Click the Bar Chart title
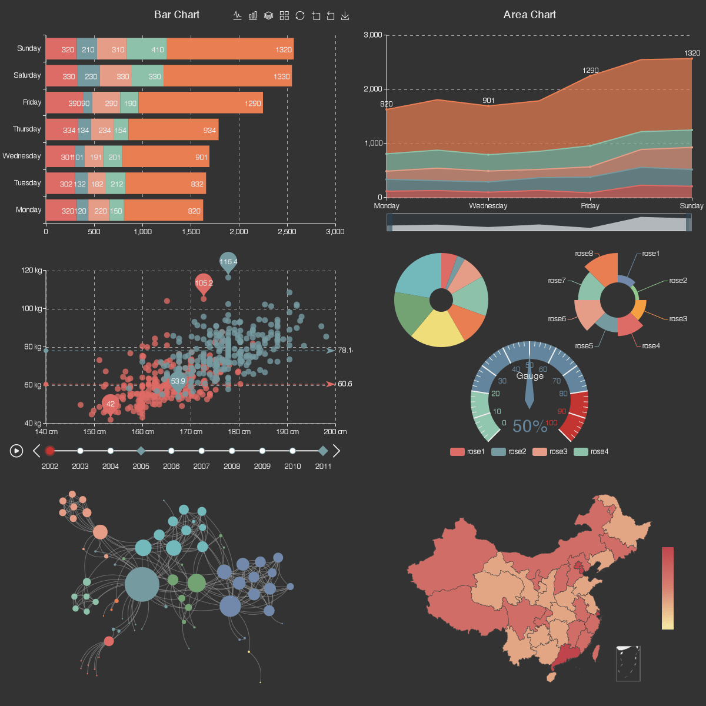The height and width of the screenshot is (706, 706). click(176, 15)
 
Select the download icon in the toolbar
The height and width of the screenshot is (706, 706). click(345, 16)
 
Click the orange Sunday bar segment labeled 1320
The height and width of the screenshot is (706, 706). click(230, 49)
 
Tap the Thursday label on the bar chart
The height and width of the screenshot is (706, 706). click(27, 129)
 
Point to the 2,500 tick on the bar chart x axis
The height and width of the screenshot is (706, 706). click(287, 232)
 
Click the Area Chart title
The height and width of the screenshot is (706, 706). click(529, 15)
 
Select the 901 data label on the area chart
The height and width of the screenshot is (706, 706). click(488, 101)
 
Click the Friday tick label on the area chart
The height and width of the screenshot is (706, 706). click(590, 206)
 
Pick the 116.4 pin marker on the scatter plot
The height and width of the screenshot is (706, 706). click(228, 262)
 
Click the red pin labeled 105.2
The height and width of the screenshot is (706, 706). click(204, 283)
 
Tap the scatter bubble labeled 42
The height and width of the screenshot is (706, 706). click(110, 404)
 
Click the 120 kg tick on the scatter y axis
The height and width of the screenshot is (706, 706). click(32, 271)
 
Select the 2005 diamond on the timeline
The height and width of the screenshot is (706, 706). click(141, 451)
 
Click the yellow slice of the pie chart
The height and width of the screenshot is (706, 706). click(438, 329)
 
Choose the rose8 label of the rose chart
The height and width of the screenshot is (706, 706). click(584, 254)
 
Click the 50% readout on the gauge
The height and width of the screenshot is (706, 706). click(529, 426)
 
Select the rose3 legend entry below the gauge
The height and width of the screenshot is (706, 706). click(550, 452)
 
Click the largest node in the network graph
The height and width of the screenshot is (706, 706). click(142, 584)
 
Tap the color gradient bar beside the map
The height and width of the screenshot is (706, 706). click(667, 588)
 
